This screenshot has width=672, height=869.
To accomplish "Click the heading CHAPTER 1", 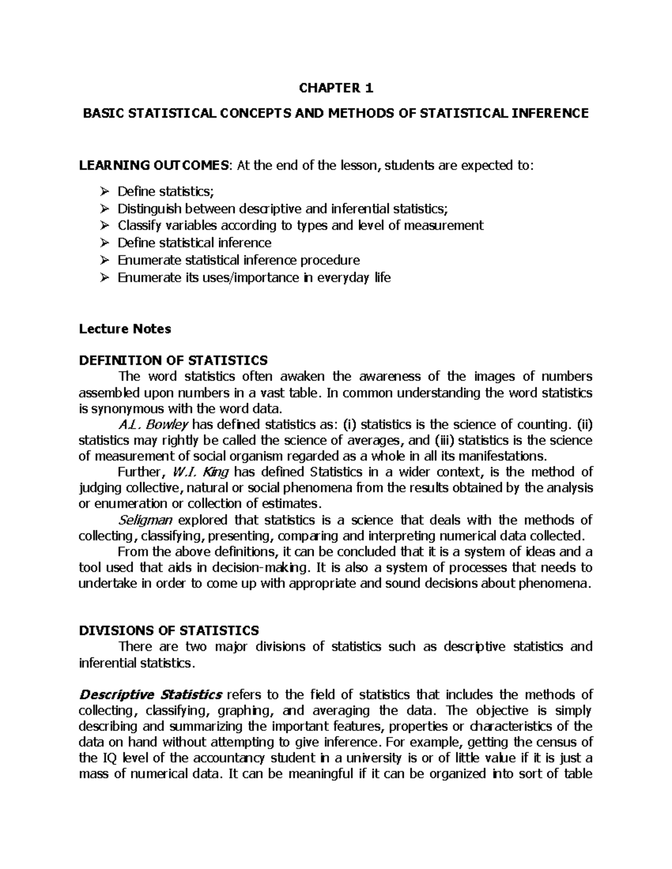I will tap(335, 88).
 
